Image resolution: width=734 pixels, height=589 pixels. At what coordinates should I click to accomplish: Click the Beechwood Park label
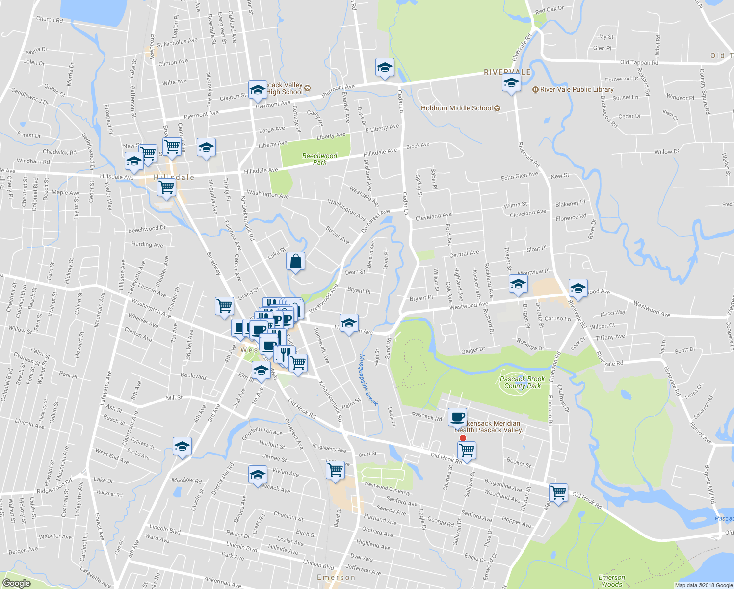tap(319, 159)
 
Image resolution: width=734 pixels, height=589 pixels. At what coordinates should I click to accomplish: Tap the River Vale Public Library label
tap(577, 90)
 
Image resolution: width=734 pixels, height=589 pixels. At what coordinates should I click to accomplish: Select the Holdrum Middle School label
tap(457, 108)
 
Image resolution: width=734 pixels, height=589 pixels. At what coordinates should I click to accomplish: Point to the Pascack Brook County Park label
tap(522, 382)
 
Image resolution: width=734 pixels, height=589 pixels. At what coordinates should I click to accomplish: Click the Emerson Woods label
tap(612, 581)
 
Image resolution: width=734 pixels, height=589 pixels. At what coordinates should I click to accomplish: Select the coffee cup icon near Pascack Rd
tap(457, 417)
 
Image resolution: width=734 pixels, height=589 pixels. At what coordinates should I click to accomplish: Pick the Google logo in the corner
tap(16, 583)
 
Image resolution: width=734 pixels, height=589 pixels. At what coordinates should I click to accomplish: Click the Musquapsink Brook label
tap(368, 380)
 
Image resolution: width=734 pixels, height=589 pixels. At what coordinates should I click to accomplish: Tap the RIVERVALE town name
tap(507, 72)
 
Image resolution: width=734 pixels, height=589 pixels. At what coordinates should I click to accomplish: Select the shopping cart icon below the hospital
tap(467, 450)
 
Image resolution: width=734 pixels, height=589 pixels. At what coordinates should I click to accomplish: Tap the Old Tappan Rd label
tap(639, 62)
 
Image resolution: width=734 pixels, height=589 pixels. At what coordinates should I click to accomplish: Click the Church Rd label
tap(49, 20)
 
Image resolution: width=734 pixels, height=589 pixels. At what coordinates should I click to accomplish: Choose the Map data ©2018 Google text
tap(703, 585)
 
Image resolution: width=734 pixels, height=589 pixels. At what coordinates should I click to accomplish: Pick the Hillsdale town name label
tap(174, 177)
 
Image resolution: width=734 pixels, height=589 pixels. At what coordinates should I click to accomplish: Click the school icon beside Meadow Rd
tap(182, 446)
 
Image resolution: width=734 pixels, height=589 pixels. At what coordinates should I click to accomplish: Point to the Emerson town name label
tap(336, 577)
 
